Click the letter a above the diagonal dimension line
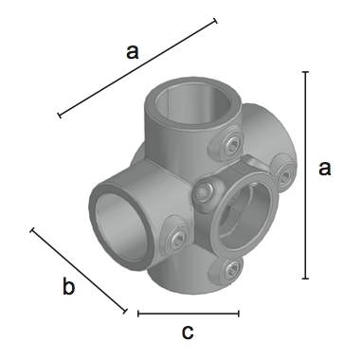tap(132, 52)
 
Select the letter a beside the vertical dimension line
tap(324, 169)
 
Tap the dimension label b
tap(68, 286)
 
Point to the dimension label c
tap(188, 333)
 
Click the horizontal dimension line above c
tap(189, 314)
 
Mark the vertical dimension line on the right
tap(305, 175)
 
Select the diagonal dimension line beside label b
tap(79, 271)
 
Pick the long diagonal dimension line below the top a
tap(137, 68)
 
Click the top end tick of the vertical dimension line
tap(305, 72)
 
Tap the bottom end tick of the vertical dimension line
tap(305, 279)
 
